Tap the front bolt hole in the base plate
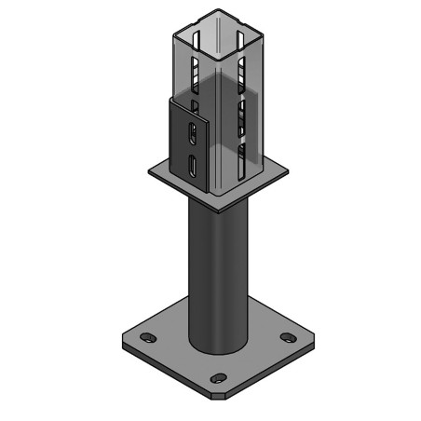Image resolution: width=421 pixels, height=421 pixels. click(x=218, y=378)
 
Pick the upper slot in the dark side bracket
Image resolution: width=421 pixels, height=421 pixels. click(x=191, y=132)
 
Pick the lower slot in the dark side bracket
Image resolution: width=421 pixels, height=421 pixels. click(x=191, y=167)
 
